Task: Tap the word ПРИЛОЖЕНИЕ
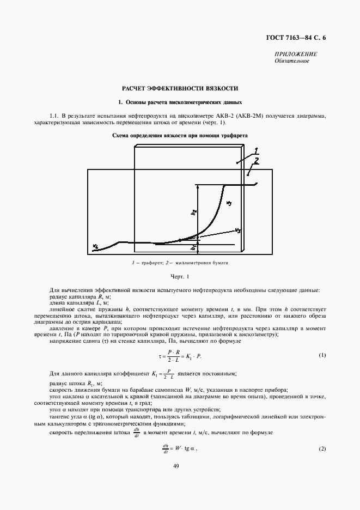(296, 54)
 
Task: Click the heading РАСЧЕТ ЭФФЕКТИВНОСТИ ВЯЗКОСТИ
(179, 88)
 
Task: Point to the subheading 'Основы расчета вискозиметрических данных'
(180, 102)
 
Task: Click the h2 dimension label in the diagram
(193, 212)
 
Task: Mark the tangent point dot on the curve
(180, 240)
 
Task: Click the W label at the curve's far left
(96, 246)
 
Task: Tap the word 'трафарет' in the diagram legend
(149, 263)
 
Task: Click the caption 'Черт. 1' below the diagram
(179, 277)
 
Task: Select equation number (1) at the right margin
(322, 355)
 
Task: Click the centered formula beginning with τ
(179, 356)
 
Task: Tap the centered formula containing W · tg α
(179, 448)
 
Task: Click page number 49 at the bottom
(176, 466)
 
